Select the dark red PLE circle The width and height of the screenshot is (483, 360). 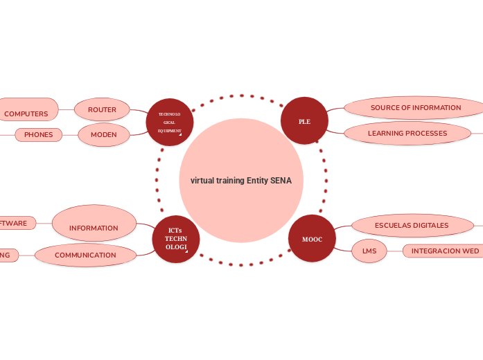click(304, 121)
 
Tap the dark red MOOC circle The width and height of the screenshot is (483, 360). click(312, 239)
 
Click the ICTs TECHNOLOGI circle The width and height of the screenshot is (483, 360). click(176, 239)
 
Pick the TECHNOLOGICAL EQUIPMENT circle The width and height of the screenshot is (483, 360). click(170, 122)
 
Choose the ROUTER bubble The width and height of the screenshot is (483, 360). click(102, 109)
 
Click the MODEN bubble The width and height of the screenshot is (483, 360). click(104, 134)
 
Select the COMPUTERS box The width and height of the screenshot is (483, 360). click(26, 113)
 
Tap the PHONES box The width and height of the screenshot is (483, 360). click(38, 135)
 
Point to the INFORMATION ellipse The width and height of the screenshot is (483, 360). click(94, 224)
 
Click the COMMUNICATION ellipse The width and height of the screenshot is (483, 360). click(85, 255)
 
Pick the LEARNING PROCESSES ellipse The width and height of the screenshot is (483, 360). click(407, 133)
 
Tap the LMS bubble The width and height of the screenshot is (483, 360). click(369, 251)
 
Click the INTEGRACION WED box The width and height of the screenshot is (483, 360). click(444, 251)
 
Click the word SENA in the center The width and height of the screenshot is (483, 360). click(281, 181)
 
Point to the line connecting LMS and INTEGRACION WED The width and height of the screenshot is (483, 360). click(394, 251)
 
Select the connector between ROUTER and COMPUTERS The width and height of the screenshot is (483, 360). click(67, 109)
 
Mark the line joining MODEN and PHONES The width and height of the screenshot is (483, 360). click(70, 134)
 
